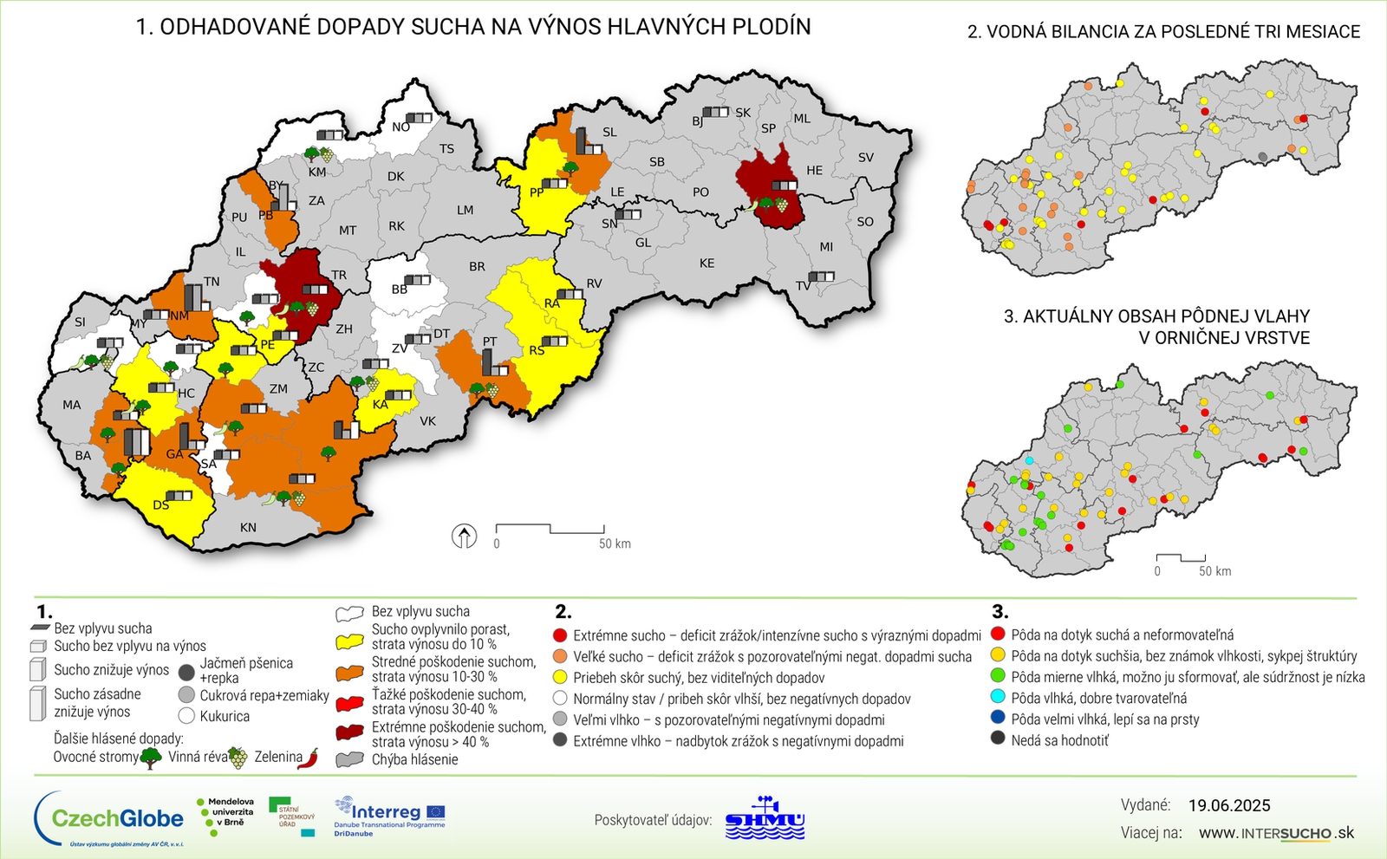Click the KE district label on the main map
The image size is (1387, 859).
point(707,263)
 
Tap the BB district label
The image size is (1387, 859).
point(399,289)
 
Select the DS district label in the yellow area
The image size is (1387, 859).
point(161,505)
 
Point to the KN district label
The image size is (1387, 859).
point(248,527)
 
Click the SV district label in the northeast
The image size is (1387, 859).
point(866,158)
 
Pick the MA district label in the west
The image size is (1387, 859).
point(71,405)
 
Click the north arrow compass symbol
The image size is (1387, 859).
point(465,537)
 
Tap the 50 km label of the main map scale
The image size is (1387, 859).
point(615,544)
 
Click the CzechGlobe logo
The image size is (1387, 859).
point(109,818)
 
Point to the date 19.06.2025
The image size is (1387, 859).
point(1229,805)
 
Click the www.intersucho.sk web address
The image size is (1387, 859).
point(1276,833)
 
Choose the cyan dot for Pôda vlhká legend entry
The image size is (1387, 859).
point(998,698)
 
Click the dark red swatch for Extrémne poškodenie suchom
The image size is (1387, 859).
point(349,733)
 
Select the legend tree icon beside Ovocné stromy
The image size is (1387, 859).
point(152,758)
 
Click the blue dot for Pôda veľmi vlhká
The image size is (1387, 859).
point(998,719)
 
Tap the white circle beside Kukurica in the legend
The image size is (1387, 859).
point(186,716)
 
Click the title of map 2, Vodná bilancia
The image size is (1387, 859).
point(1163,32)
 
